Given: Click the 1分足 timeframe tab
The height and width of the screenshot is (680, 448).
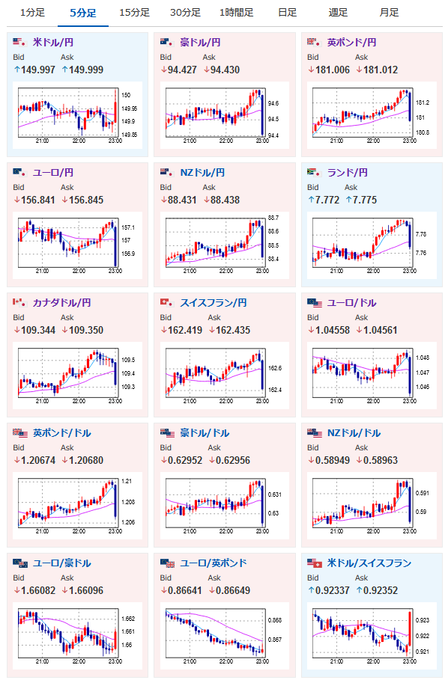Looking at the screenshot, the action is coord(32,13).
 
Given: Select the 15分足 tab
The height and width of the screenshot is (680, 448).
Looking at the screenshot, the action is coord(135,13).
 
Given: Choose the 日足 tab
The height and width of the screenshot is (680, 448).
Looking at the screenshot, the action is coord(288,13).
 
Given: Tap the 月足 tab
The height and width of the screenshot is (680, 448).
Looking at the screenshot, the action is coord(389,13).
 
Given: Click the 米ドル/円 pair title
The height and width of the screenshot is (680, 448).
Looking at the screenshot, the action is coord(53,43).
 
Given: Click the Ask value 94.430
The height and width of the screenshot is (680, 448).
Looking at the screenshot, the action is coord(225,70).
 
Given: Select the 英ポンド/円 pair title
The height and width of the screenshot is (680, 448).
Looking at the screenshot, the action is coord(351,43).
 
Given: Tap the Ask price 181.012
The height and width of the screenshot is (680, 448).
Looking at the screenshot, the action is coord(381,70).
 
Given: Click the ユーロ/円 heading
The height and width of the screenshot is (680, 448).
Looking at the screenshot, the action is coord(53,173).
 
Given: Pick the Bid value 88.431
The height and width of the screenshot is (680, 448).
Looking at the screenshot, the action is coord(182,200).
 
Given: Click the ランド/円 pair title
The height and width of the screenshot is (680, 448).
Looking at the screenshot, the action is coord(348,173).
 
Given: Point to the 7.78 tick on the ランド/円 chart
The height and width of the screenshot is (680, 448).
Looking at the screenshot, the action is coord(421,234).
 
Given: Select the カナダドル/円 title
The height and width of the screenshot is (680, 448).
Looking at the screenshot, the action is coord(61,303).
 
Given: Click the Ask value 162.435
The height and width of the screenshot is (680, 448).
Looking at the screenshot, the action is coord(233,330).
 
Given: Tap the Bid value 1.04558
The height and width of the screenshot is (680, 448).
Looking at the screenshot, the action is coord(333,330).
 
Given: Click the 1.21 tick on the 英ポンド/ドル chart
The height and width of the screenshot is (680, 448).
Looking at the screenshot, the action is coord(127,481).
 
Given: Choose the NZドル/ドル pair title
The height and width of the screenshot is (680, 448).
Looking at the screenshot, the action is coord(354,433).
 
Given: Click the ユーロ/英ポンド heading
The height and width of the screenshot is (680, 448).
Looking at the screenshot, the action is coord(214,563).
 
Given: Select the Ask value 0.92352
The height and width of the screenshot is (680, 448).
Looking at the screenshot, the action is coord(381,590).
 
